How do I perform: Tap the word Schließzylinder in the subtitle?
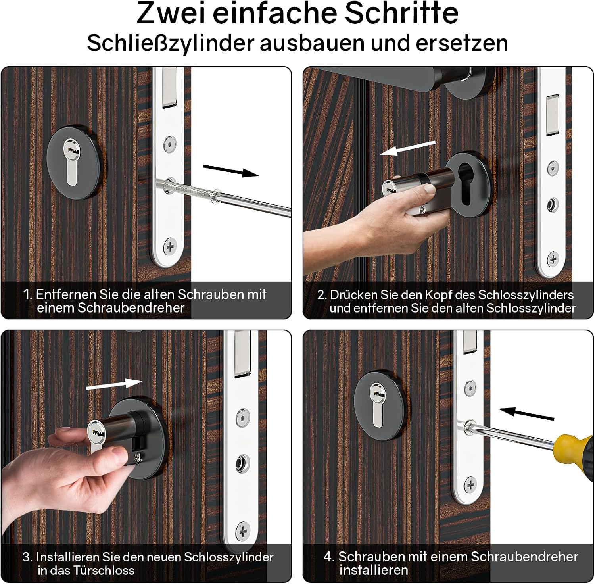[x=170, y=42]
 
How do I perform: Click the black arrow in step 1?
[x=231, y=170]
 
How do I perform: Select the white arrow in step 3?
[x=114, y=384]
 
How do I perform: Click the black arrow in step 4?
[x=526, y=413]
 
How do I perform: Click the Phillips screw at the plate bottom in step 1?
[x=170, y=247]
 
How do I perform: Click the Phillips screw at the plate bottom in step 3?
[x=243, y=531]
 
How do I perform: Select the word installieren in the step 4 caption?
[x=374, y=570]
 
